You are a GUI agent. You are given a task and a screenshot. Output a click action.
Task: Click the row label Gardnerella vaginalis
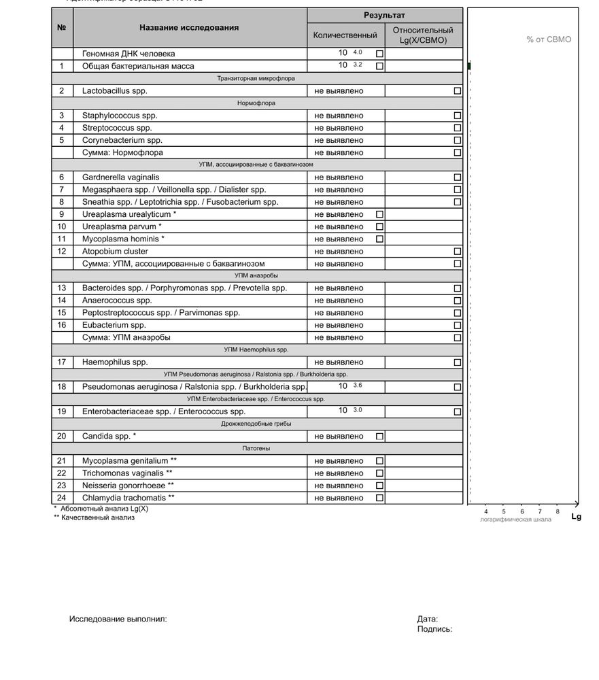click(120, 177)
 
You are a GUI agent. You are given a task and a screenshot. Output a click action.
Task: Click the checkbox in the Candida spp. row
click(379, 437)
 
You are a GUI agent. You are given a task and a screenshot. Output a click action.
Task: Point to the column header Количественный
click(345, 35)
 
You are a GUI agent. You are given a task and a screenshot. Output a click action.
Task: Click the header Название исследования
click(189, 28)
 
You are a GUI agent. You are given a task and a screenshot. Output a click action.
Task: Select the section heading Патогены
click(256, 449)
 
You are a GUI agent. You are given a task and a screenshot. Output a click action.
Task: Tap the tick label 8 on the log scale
click(558, 511)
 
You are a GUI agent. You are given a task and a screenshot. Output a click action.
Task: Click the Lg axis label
click(577, 517)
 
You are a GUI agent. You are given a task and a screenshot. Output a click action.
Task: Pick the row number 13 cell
click(62, 288)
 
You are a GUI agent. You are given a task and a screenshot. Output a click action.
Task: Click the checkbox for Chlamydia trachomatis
click(379, 498)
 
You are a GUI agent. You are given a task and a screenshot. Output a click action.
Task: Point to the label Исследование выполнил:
click(118, 619)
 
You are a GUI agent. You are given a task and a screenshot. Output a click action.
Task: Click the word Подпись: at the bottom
click(434, 630)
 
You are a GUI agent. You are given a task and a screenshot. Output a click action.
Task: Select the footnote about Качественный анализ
click(94, 517)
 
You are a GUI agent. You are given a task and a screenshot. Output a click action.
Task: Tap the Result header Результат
click(384, 15)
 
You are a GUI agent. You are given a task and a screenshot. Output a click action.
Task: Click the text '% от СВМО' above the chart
click(549, 39)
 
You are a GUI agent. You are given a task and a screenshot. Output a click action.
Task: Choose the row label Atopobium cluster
click(115, 252)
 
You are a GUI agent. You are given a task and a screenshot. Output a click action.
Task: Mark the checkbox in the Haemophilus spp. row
click(457, 362)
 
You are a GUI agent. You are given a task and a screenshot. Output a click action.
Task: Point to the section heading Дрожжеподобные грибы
click(256, 424)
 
